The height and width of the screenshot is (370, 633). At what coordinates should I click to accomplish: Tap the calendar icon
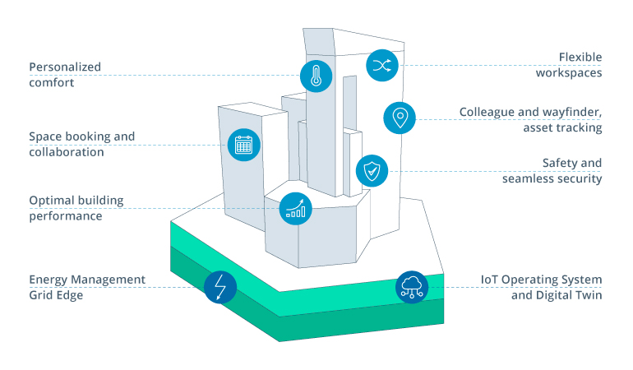[243, 145]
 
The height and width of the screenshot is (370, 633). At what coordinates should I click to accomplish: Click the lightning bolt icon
[220, 287]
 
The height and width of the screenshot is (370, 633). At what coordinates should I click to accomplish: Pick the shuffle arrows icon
[381, 66]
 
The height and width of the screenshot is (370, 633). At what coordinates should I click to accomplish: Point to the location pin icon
[400, 118]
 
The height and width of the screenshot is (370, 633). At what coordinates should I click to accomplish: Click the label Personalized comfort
[64, 75]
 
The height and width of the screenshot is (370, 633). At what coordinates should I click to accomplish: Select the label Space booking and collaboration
[81, 144]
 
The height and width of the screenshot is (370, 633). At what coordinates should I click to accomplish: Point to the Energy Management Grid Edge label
[86, 287]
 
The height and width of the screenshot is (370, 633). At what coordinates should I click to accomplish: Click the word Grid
[42, 295]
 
